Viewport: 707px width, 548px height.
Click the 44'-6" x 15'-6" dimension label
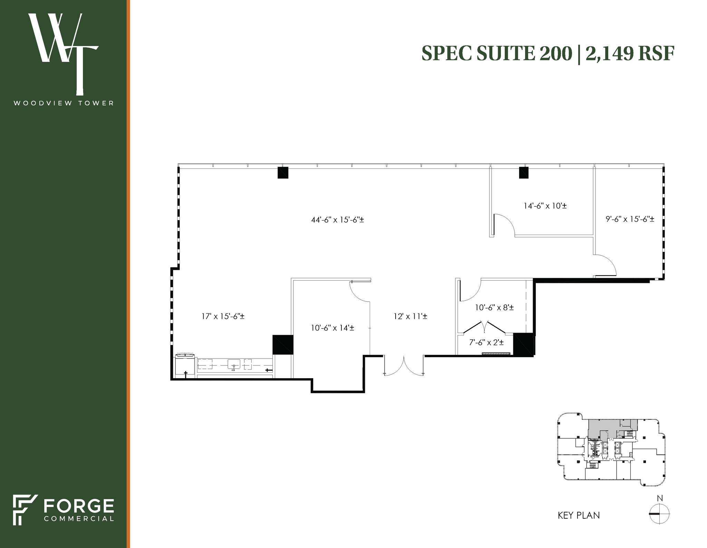pos(337,219)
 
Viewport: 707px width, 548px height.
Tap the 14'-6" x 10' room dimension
pos(545,206)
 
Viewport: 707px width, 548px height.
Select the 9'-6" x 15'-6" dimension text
pos(630,219)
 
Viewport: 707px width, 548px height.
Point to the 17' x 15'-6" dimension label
pos(223,316)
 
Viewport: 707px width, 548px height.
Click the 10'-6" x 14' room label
pos(332,328)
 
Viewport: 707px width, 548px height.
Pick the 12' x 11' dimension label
pos(410,316)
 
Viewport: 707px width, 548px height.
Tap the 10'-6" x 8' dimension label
pos(494,307)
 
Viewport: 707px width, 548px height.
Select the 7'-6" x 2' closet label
pos(486,342)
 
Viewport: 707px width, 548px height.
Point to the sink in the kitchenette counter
pos(234,364)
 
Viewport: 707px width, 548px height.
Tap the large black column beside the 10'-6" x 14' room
pos(282,344)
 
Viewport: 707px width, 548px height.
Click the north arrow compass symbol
pos(659,523)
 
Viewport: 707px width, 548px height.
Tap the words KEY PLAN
pos(579,525)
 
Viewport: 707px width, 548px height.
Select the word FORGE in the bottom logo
pos(79,506)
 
